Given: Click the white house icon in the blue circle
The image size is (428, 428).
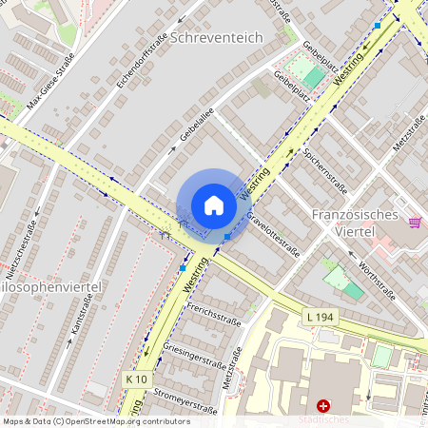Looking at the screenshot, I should tap(214, 205).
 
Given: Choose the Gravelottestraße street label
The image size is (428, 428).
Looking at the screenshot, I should tap(273, 234).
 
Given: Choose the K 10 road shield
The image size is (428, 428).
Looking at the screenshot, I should tap(137, 379).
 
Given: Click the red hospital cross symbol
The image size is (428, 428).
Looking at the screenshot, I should tap(323, 406).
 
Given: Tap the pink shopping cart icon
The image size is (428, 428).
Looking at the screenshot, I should tap(415, 222).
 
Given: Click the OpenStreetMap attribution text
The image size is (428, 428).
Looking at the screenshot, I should tap(96, 420).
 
